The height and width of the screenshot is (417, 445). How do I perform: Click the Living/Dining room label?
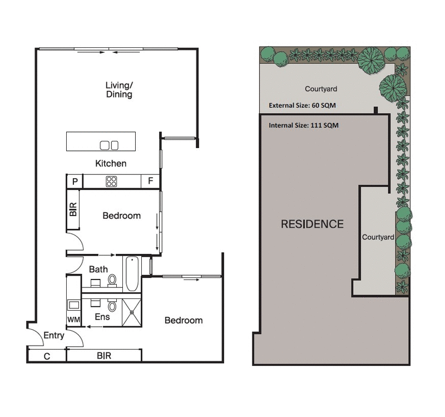119,90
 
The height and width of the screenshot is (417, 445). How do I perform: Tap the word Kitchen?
111,164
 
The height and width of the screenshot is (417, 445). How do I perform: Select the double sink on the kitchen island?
109,145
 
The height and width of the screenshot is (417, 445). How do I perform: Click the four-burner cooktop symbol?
111,181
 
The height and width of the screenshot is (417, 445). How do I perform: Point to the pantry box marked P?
75,181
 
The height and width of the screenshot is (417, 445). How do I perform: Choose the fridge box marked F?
150,181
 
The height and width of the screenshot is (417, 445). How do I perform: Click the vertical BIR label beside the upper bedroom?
73,209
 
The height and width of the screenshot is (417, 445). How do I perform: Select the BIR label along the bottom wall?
104,355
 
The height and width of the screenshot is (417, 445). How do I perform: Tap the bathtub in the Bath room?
131,273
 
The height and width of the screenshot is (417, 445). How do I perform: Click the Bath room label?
98,269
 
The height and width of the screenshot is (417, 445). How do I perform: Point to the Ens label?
101,317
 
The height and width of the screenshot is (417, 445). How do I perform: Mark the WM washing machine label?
73,320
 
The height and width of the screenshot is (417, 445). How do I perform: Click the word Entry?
53,336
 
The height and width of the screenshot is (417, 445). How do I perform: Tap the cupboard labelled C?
47,356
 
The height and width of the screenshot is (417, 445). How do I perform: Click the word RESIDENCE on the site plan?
312,224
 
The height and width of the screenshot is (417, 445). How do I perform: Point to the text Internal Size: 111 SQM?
304,125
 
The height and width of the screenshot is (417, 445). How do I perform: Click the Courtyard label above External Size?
321,89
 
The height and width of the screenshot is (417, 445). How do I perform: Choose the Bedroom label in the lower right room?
184,321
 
